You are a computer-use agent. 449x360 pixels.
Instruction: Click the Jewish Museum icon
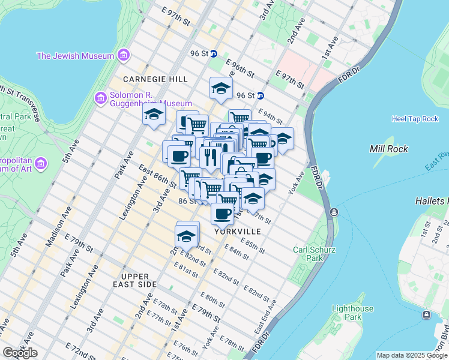(x=124, y=56)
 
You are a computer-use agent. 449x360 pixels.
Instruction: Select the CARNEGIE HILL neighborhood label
(x=155, y=79)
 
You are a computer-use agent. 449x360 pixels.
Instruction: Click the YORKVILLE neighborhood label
(x=237, y=231)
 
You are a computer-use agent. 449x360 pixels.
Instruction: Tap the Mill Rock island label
(x=389, y=149)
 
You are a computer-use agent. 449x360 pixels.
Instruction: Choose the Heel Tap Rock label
(x=415, y=119)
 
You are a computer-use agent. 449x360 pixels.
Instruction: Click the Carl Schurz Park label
(x=309, y=254)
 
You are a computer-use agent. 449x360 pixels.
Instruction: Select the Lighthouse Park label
(x=353, y=313)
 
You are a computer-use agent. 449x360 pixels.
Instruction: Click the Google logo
(x=20, y=353)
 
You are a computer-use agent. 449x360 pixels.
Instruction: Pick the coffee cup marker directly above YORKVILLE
(x=222, y=213)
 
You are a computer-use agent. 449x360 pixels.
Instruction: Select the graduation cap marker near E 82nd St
(x=187, y=235)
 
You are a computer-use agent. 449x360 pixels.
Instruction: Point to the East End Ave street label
(x=265, y=317)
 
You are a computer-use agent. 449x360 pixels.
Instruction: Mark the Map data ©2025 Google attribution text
(x=411, y=355)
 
